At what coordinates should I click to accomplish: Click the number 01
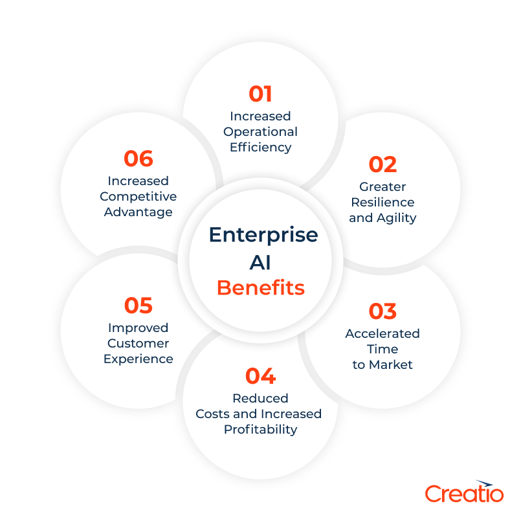(260, 94)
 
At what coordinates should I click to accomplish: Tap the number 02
(382, 165)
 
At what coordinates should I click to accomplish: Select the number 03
(382, 311)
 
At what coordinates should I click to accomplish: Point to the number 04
(260, 376)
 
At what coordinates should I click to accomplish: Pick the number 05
(138, 305)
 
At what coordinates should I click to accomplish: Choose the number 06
(138, 159)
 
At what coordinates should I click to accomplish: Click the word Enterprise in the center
(263, 235)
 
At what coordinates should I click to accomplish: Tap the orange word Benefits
(260, 287)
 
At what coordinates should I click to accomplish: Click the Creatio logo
(464, 492)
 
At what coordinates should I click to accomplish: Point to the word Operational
(260, 131)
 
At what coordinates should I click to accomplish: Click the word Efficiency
(260, 147)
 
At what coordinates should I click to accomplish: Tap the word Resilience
(382, 202)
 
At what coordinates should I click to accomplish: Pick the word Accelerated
(382, 333)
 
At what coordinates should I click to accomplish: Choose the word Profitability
(260, 429)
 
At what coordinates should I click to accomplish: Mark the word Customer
(138, 343)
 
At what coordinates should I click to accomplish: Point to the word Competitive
(138, 196)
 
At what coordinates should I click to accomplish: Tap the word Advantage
(138, 212)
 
